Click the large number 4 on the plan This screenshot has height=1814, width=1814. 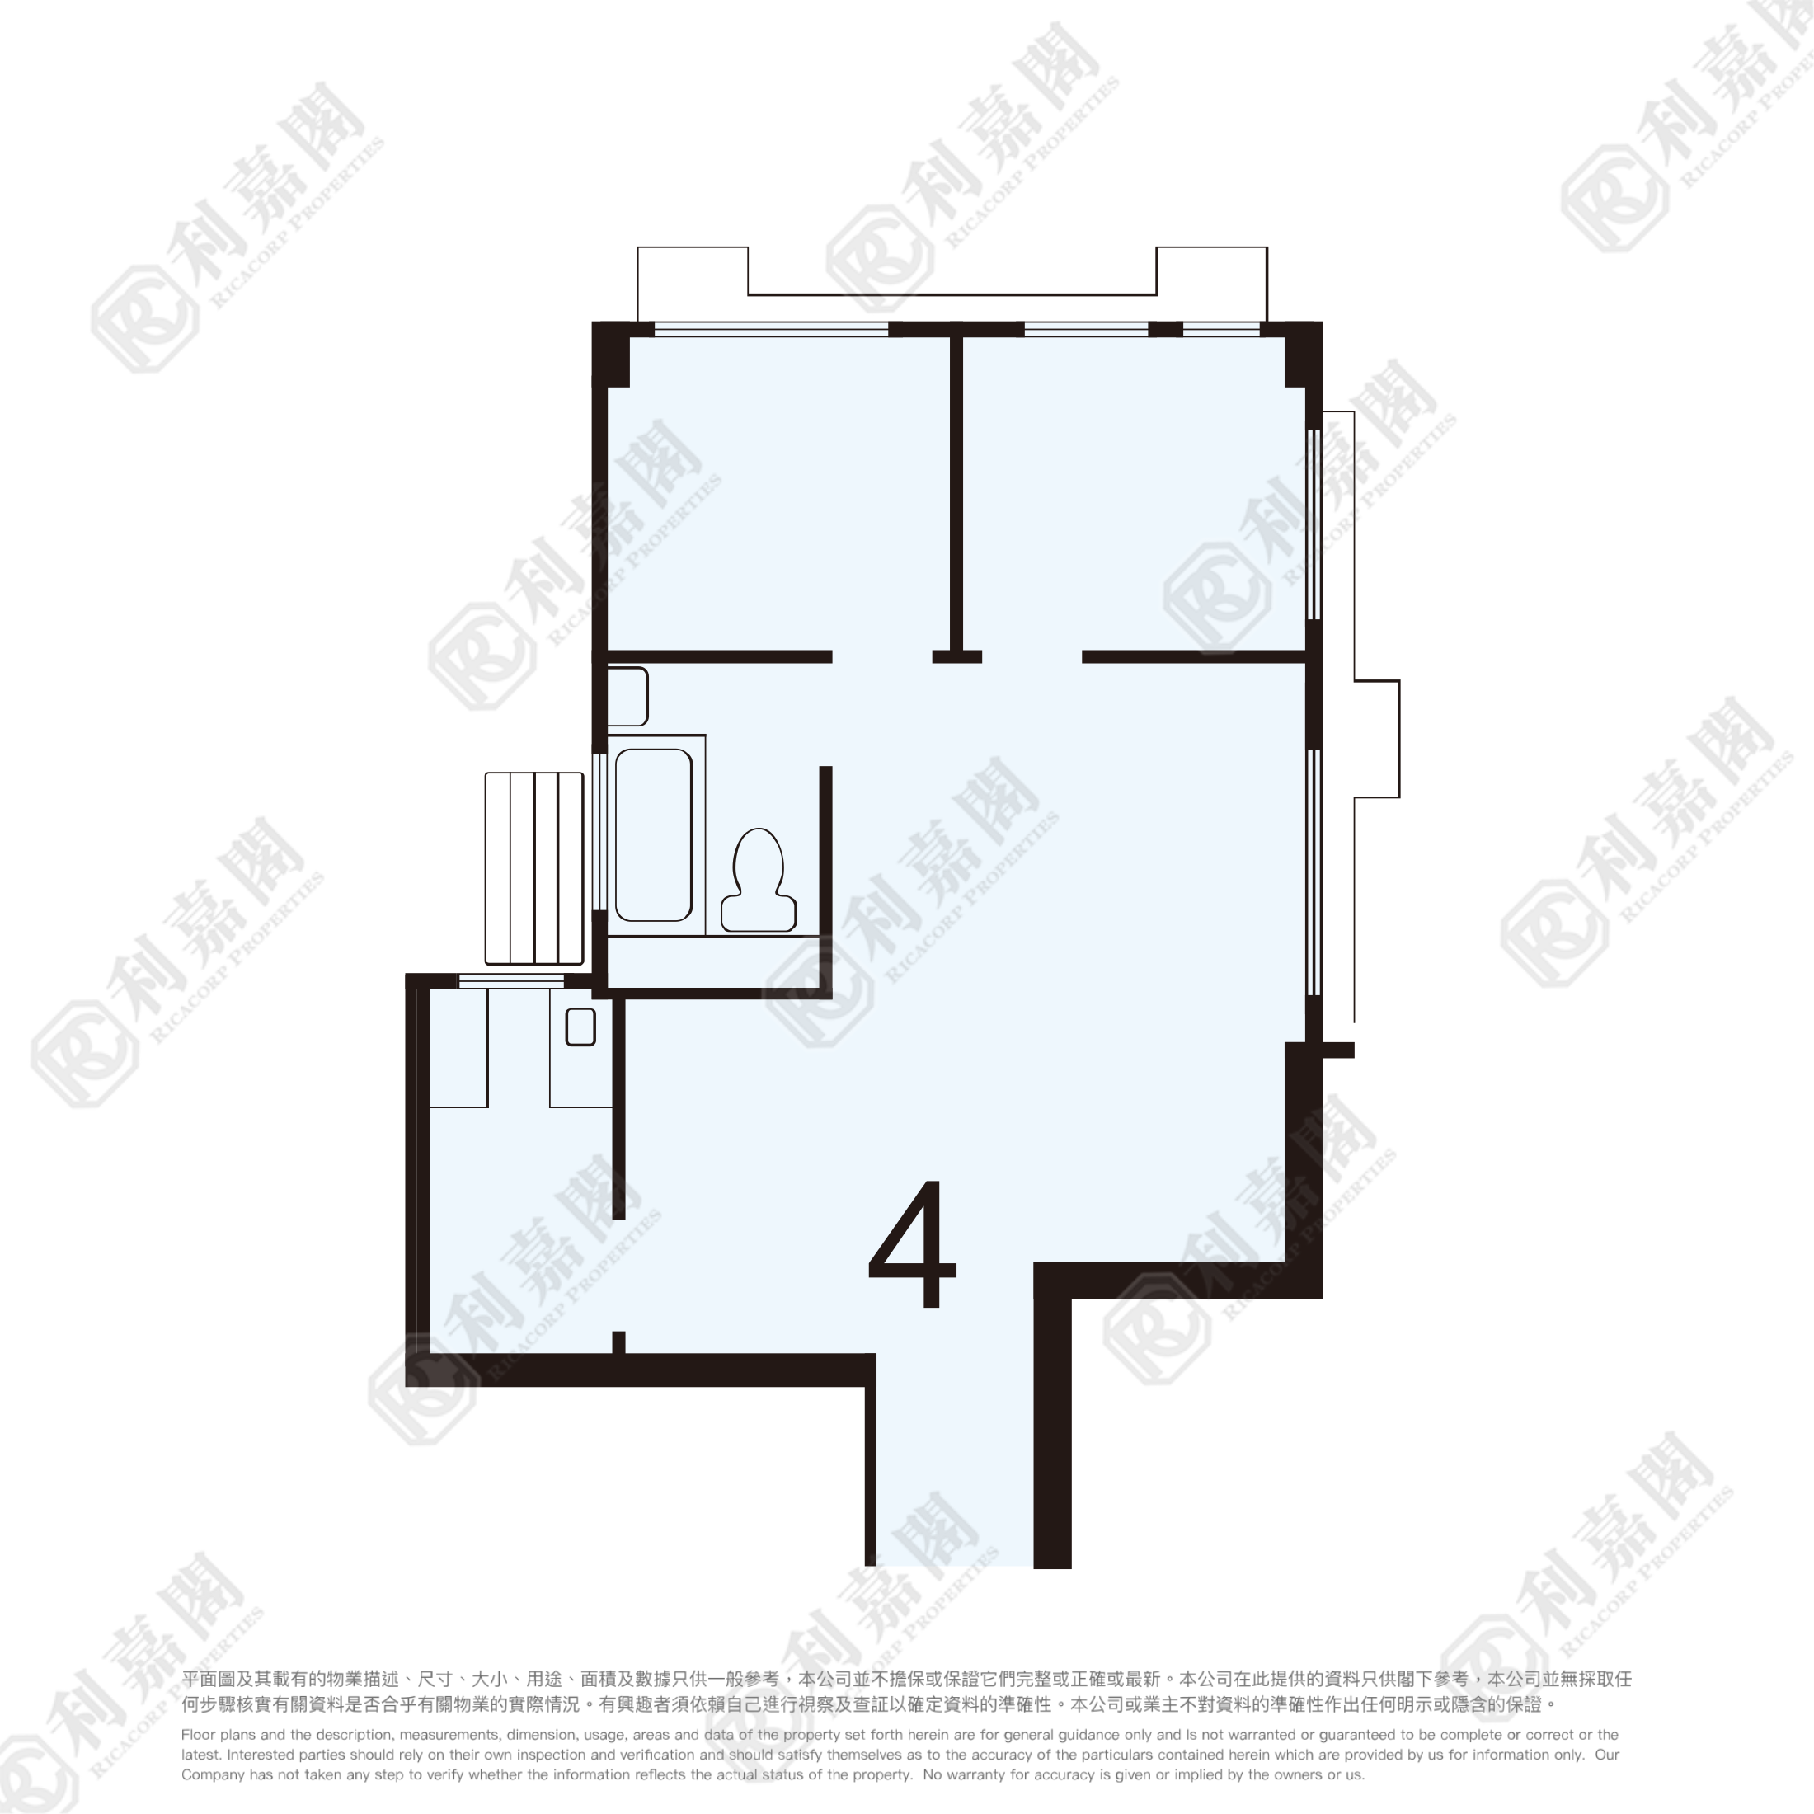(913, 1243)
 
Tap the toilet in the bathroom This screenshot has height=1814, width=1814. (759, 880)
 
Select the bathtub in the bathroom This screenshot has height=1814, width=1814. (654, 834)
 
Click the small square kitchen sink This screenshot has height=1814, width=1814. (580, 1027)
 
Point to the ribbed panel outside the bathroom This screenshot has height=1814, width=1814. (534, 868)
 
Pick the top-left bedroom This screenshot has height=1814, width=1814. (778, 493)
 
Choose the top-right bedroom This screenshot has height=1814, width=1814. (1135, 493)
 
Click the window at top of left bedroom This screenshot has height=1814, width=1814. (771, 330)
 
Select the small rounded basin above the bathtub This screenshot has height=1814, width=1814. (627, 697)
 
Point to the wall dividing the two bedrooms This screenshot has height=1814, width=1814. (956, 493)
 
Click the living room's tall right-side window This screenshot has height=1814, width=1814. (1314, 872)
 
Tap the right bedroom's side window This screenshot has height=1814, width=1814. (1314, 524)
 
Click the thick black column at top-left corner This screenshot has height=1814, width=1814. (610, 354)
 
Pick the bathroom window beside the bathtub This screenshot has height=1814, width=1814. (599, 831)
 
